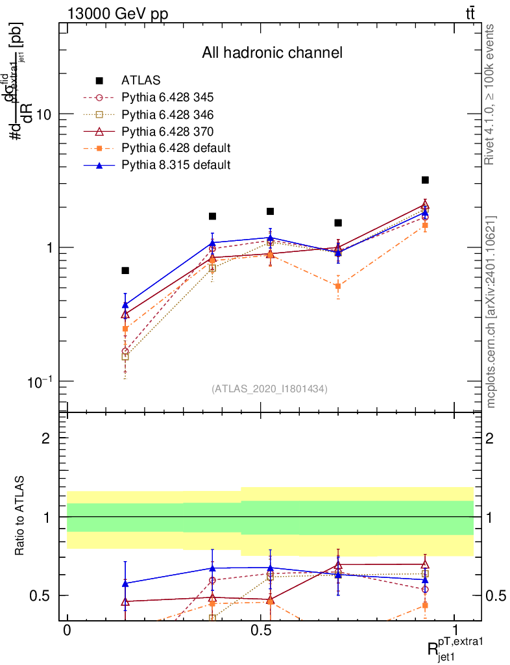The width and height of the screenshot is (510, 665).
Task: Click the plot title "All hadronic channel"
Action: point(271,53)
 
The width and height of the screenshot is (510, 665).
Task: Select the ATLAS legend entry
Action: point(141,81)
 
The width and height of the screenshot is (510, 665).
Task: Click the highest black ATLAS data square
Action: point(425,180)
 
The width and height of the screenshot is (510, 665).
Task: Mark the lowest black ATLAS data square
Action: point(125,270)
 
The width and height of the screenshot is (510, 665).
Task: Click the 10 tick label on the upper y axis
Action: point(43,114)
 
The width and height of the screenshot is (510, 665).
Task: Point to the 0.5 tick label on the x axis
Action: point(261,630)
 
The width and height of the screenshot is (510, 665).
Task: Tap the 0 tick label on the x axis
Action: point(67,630)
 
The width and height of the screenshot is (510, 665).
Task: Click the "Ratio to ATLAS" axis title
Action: point(21,517)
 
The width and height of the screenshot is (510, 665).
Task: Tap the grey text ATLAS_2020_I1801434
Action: point(269,389)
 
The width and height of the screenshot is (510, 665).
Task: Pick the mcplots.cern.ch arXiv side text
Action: point(491,312)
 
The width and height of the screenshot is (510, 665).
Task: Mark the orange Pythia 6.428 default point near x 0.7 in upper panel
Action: point(338,286)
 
